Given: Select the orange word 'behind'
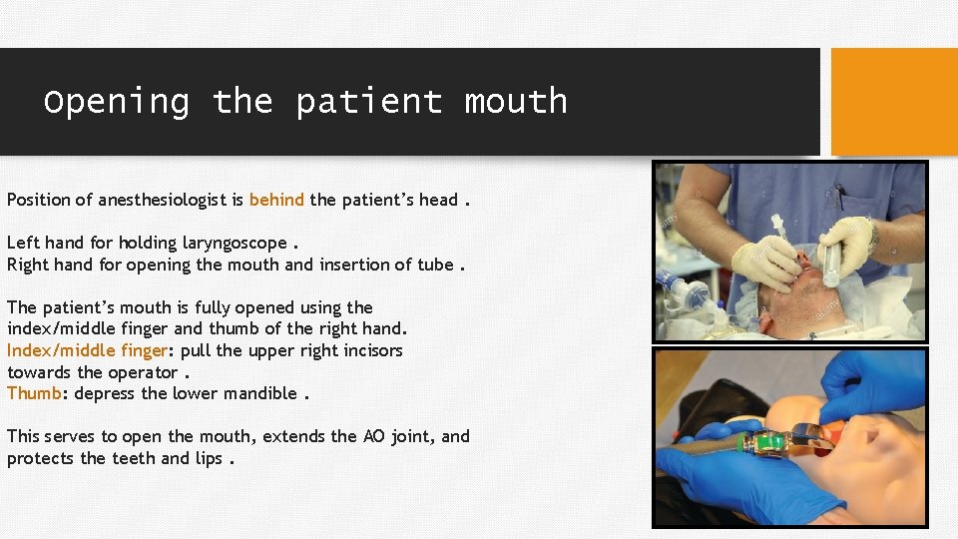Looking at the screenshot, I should [276, 200].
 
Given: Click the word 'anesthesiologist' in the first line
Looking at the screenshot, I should [171, 200].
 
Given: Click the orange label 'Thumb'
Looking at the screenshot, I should [34, 393].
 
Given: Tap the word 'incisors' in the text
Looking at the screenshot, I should [371, 350].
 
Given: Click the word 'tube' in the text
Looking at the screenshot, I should [435, 265].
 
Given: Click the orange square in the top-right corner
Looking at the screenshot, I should [894, 102].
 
